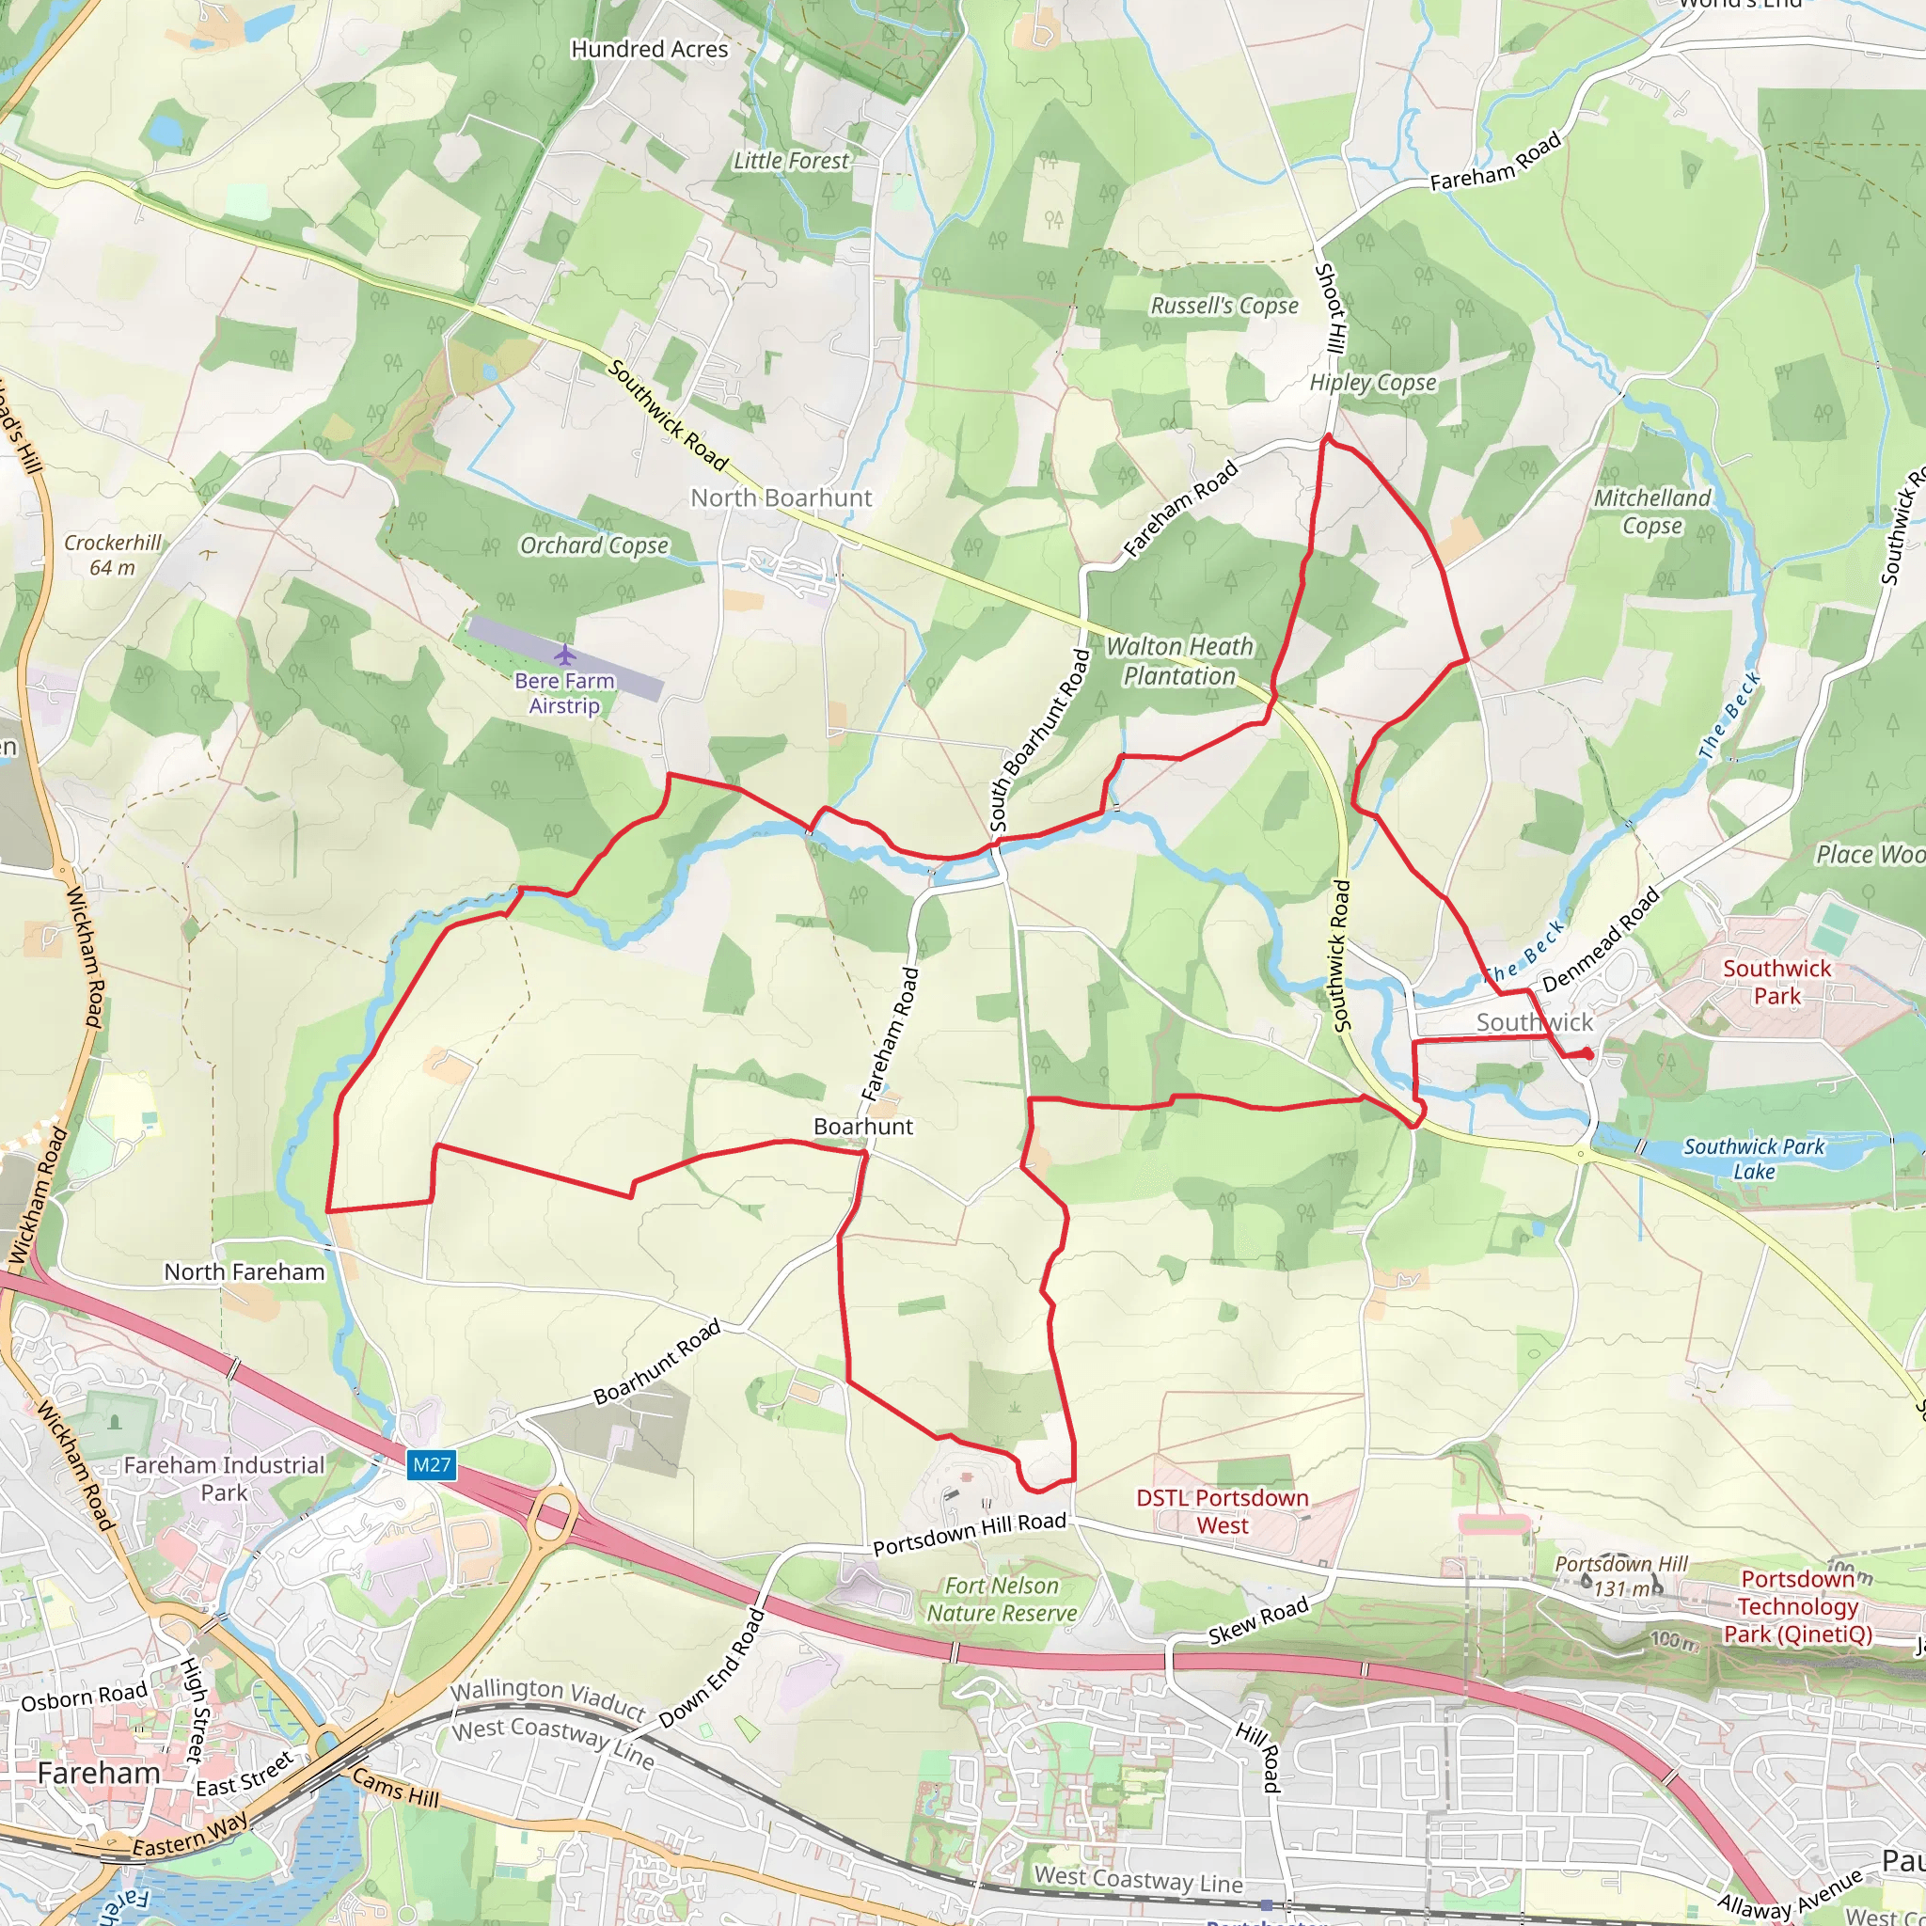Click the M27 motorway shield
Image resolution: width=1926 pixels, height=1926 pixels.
click(432, 1464)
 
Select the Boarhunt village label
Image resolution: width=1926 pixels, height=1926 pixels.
click(862, 1127)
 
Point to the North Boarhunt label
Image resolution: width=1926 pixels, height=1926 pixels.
click(781, 497)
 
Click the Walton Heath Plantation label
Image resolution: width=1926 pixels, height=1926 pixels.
click(1179, 661)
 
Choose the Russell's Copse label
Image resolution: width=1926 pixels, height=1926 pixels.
click(1224, 306)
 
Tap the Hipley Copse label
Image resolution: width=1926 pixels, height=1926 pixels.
click(1373, 383)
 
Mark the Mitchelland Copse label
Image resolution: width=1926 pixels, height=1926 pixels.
click(1651, 512)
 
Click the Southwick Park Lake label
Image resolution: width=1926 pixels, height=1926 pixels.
click(1754, 1159)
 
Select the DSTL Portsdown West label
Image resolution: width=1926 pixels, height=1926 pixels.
click(1223, 1511)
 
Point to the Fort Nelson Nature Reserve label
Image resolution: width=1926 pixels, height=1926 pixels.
click(1002, 1599)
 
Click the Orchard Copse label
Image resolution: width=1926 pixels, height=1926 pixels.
click(594, 545)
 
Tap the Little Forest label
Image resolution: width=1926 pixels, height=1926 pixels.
click(791, 161)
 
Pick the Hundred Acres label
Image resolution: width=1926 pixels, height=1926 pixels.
click(649, 49)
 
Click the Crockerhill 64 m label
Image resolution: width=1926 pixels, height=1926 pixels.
click(113, 555)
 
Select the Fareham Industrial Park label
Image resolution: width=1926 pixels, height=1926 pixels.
click(225, 1478)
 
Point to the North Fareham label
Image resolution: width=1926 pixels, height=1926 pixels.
click(245, 1272)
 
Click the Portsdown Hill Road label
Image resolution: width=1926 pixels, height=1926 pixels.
click(969, 1534)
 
